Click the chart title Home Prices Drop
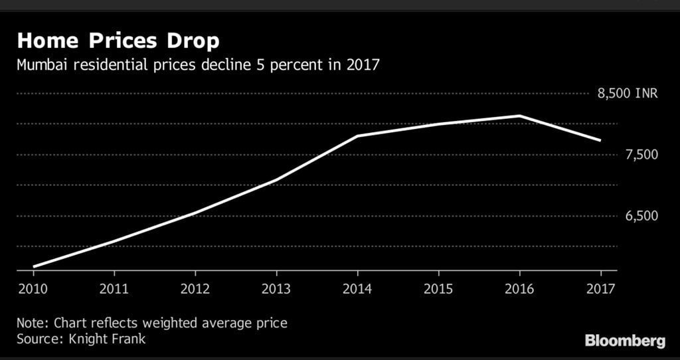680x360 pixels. click(118, 41)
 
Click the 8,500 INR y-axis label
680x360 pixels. click(628, 94)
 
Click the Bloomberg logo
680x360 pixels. click(624, 341)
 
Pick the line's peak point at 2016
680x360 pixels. click(519, 116)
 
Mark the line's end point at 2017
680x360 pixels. click(600, 141)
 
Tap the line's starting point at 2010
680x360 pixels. click(33, 266)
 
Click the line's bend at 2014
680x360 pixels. click(357, 136)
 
